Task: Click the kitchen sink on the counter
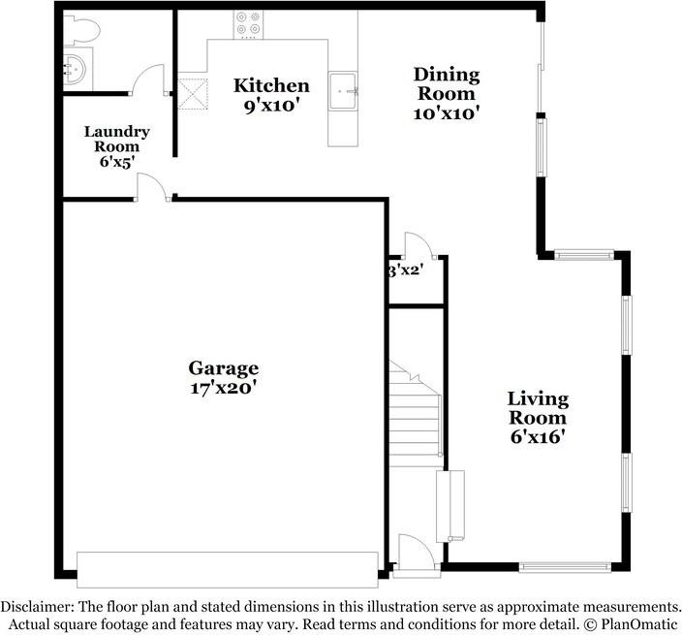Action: (x=344, y=91)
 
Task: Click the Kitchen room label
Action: (x=271, y=86)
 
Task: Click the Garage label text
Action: (x=223, y=368)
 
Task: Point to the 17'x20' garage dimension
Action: (x=223, y=388)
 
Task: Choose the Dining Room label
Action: (x=446, y=84)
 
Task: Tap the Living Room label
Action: (x=538, y=408)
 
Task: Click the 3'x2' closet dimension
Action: (x=406, y=270)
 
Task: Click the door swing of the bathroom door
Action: (x=148, y=79)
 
